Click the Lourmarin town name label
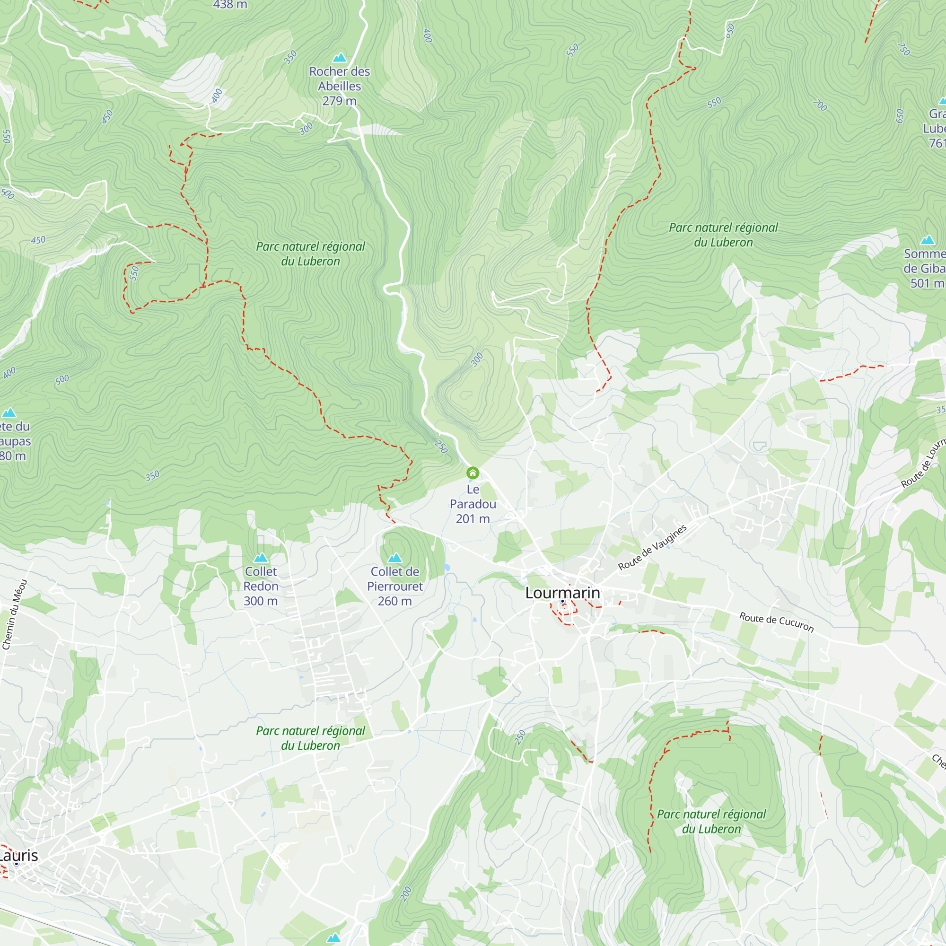(562, 593)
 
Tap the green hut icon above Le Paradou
(473, 473)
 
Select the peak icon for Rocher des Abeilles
(339, 58)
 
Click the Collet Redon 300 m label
(261, 586)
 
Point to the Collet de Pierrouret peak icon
(394, 558)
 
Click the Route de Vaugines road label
(652, 547)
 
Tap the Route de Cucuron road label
(776, 622)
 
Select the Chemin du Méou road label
(15, 614)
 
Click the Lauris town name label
(18, 855)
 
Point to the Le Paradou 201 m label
(473, 504)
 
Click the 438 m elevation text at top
(230, 5)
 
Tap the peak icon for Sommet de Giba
(928, 240)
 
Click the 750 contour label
(904, 49)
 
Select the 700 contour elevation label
(820, 105)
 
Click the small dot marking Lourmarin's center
(562, 601)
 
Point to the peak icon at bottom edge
(333, 937)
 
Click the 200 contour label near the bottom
(406, 893)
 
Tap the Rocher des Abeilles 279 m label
(339, 86)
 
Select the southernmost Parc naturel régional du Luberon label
(711, 821)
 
